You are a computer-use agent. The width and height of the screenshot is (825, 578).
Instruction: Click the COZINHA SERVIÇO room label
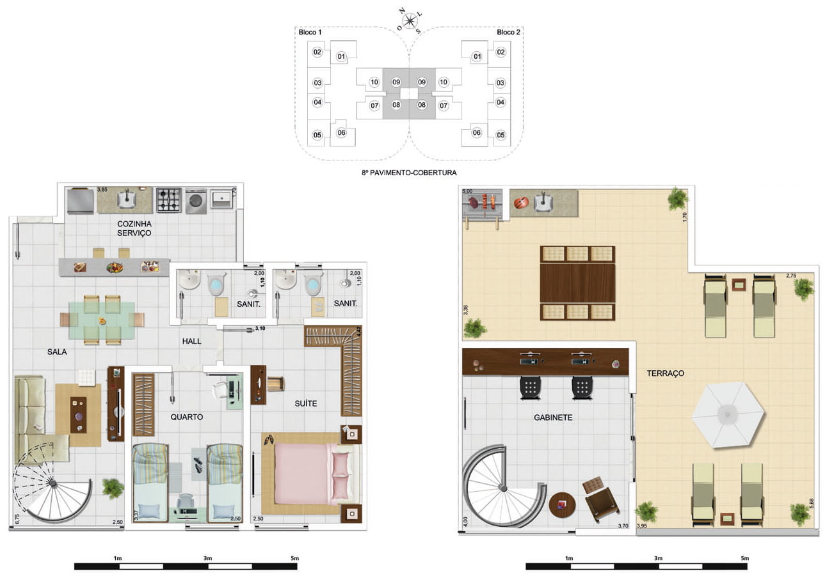(x=134, y=228)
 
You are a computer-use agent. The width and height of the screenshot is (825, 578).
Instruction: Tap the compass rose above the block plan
(x=409, y=21)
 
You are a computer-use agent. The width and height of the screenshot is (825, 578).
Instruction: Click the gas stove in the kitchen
(x=169, y=200)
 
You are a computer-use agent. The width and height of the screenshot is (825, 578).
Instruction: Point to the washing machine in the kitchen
(x=196, y=201)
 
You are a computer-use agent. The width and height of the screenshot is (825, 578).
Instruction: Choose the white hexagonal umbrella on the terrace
(x=728, y=415)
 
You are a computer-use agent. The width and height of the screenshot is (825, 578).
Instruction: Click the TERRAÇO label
(x=665, y=373)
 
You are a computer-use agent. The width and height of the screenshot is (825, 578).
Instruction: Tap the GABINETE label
(x=553, y=418)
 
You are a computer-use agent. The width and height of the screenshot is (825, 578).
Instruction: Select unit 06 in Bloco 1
(x=341, y=132)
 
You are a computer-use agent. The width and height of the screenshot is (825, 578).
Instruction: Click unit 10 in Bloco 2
(x=444, y=82)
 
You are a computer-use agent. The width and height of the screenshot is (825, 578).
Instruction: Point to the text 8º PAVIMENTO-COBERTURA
(x=409, y=173)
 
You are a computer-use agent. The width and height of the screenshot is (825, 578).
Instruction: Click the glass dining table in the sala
(x=102, y=320)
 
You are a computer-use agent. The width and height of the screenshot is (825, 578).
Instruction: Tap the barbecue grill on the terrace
(x=482, y=204)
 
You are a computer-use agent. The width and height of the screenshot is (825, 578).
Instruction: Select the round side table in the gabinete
(x=562, y=505)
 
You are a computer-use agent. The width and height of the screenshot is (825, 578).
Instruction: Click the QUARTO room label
(x=186, y=417)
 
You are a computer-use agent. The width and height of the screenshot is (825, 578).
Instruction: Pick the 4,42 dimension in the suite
(x=359, y=331)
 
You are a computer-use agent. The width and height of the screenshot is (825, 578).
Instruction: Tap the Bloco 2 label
(x=508, y=33)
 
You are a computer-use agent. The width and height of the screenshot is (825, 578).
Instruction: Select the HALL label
(x=191, y=341)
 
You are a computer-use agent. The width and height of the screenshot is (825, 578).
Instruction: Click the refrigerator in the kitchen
(x=80, y=201)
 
